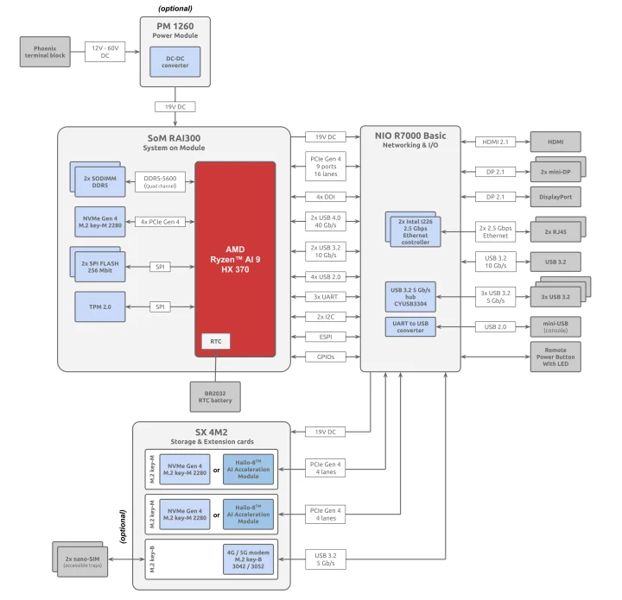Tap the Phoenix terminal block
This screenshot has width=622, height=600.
coord(44,52)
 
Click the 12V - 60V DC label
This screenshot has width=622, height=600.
coord(104,52)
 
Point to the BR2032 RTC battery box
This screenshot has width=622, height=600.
coord(215,396)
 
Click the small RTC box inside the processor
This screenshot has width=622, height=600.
coord(215,342)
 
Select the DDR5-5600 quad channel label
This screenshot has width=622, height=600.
coord(159,181)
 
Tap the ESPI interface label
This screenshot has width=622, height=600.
coord(326,337)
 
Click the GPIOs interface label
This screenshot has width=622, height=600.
coord(326,356)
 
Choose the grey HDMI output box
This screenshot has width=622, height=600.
coord(555,142)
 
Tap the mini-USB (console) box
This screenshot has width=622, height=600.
coord(555,327)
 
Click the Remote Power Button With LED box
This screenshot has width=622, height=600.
coord(555,357)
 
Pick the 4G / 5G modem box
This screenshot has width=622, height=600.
coord(247,559)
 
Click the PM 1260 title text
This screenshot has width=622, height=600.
coord(176,25)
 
